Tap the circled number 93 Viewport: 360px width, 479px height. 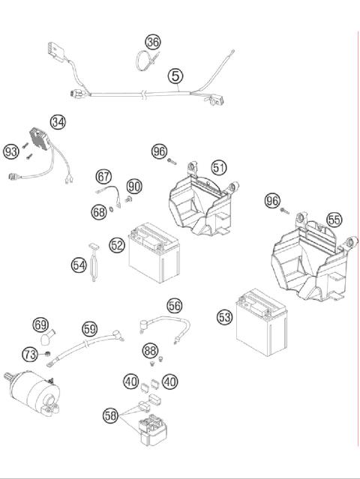tap(10, 151)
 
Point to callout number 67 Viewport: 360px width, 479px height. tap(103, 177)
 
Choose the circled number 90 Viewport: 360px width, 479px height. tap(133, 186)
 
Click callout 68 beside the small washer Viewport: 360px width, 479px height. tap(99, 212)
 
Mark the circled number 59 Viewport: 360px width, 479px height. tap(89, 328)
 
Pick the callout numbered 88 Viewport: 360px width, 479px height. tap(150, 350)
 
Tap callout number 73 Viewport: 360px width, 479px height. tap(29, 354)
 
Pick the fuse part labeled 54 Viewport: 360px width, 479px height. tap(94, 265)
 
